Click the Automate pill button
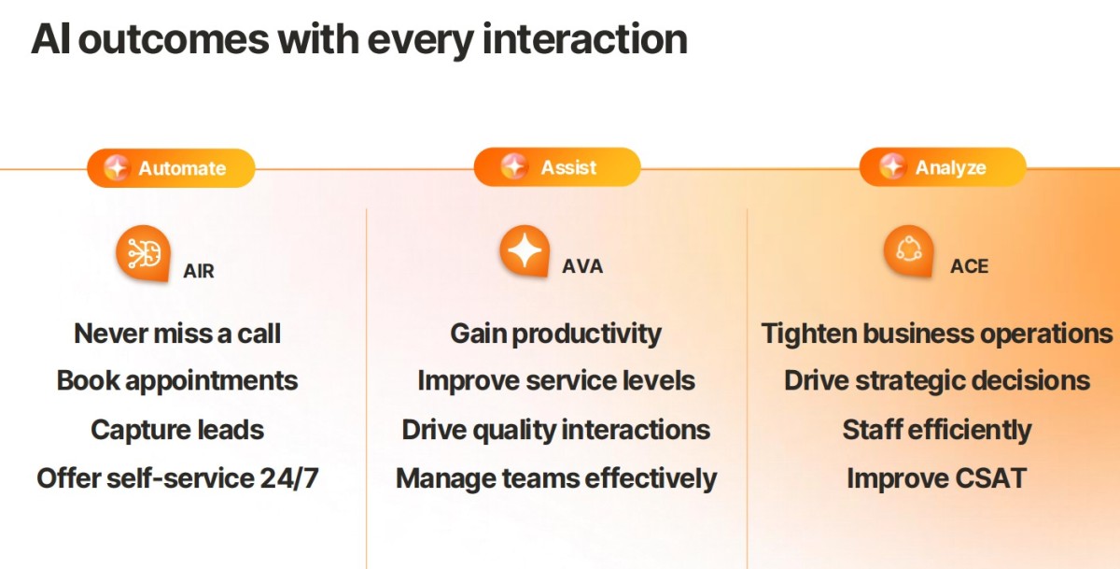pyautogui.click(x=171, y=168)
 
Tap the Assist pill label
pyautogui.click(x=557, y=167)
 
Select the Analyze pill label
pyautogui.click(x=943, y=167)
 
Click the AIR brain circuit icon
pyautogui.click(x=144, y=253)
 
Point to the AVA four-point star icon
pyautogui.click(x=525, y=250)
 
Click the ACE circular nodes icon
pyautogui.click(x=908, y=250)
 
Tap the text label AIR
pyautogui.click(x=199, y=271)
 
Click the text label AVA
pyautogui.click(x=582, y=266)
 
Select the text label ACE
pyautogui.click(x=969, y=266)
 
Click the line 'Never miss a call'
pyautogui.click(x=177, y=334)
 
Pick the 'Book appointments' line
pyautogui.click(x=177, y=381)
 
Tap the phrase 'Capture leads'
pyautogui.click(x=177, y=430)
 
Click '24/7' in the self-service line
pyautogui.click(x=289, y=478)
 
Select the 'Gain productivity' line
pyautogui.click(x=555, y=334)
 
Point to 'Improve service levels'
pyautogui.click(x=556, y=381)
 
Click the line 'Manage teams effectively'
pyautogui.click(x=556, y=478)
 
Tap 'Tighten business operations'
pyautogui.click(x=936, y=334)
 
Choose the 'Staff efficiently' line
pyautogui.click(x=936, y=430)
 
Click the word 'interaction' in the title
pyautogui.click(x=585, y=39)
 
